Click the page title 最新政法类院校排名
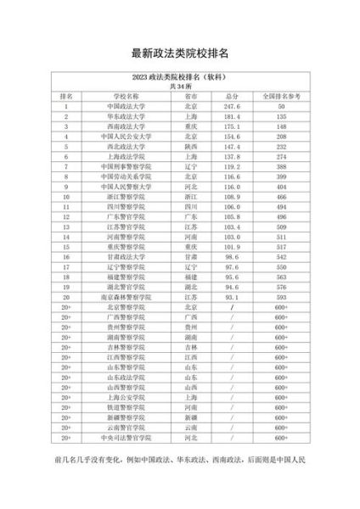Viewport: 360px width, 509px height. (x=180, y=53)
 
